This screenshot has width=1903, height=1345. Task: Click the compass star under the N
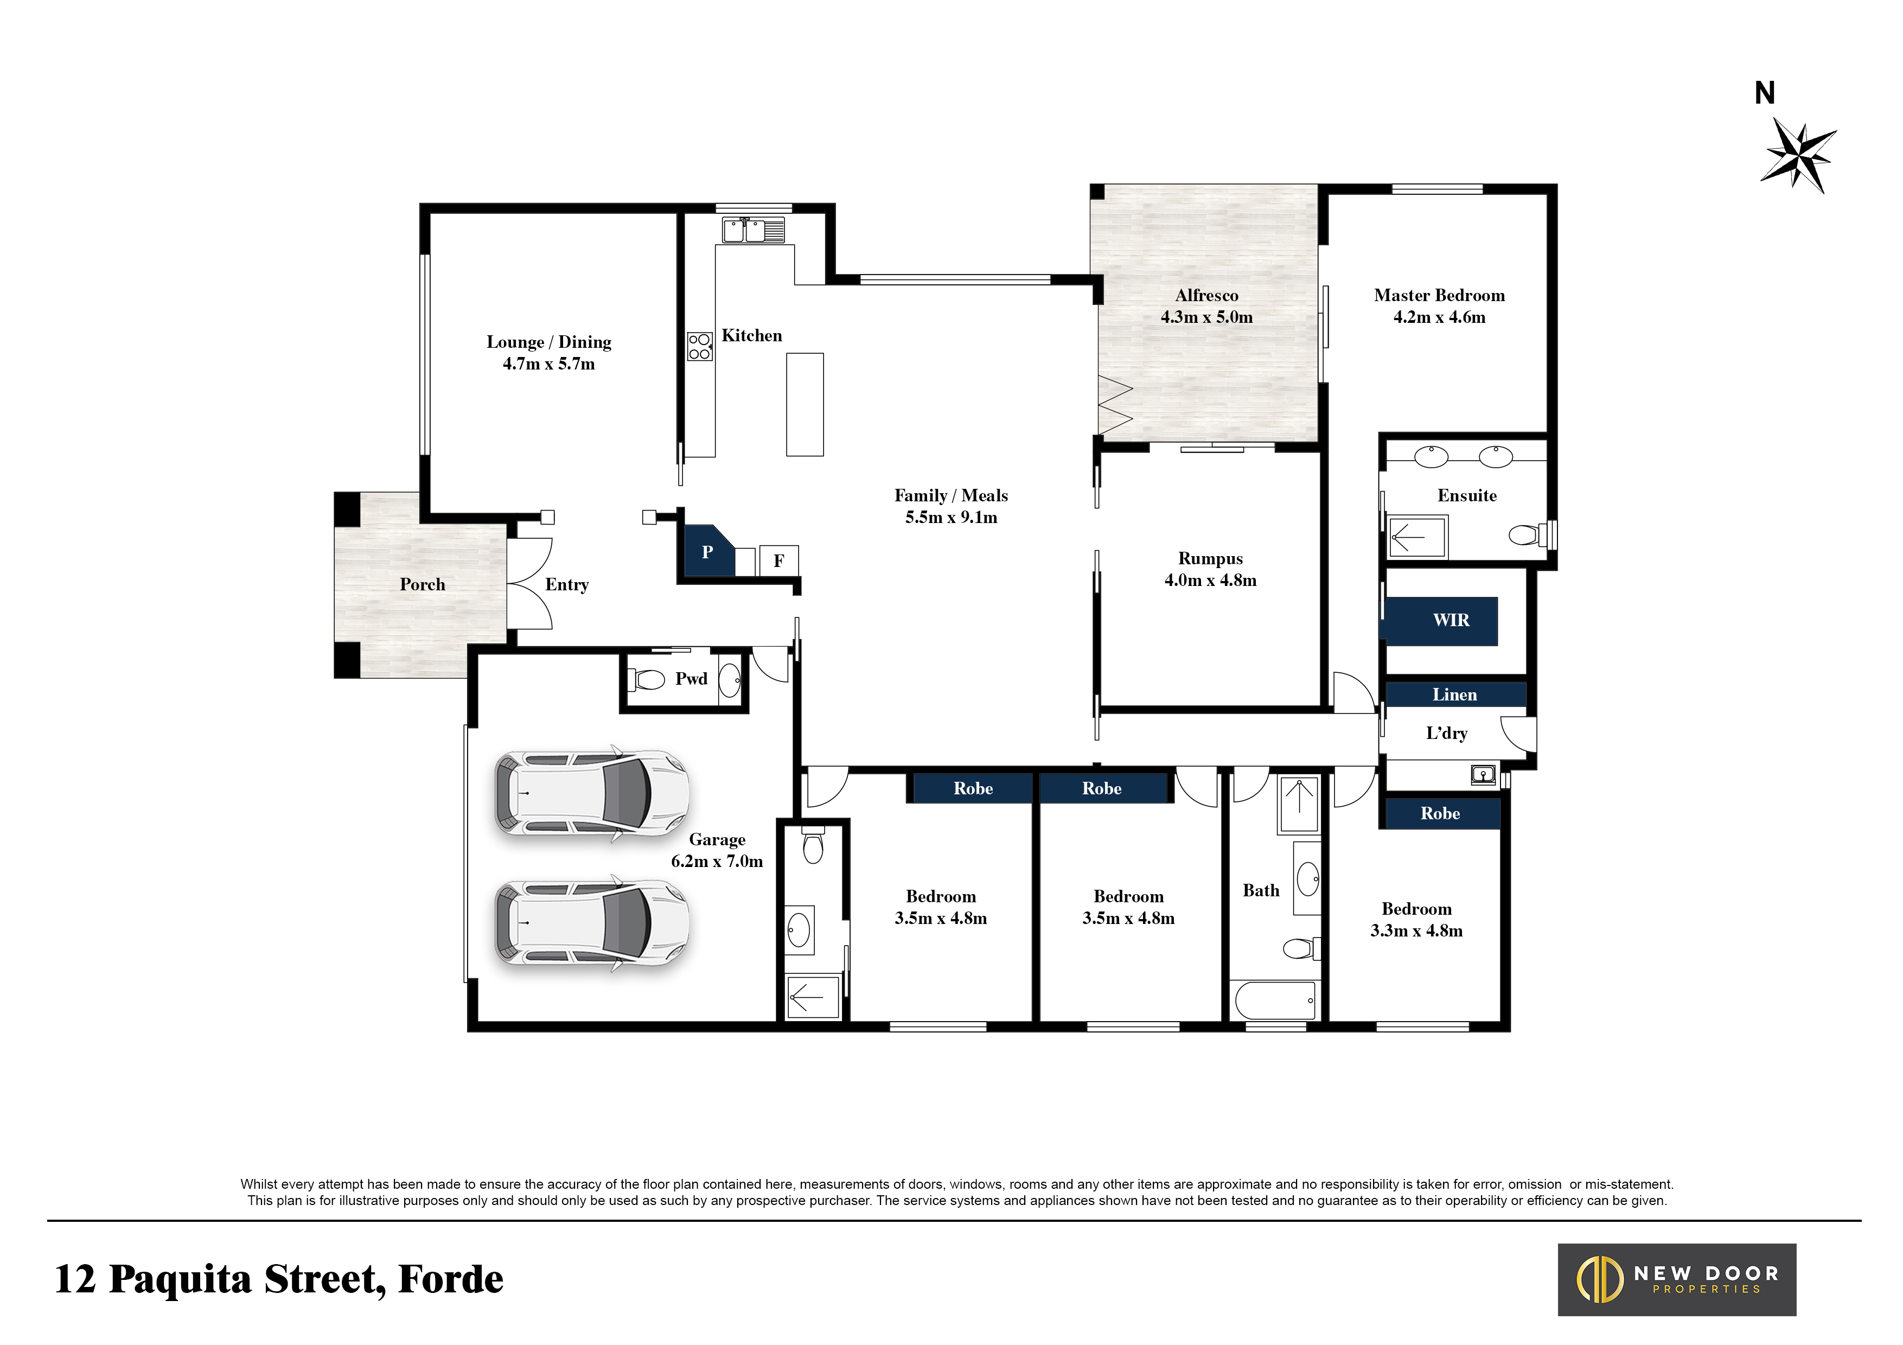point(1798,156)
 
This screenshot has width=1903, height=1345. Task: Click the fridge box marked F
point(779,561)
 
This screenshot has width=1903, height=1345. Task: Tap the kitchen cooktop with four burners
point(700,346)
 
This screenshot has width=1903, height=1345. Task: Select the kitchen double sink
point(752,230)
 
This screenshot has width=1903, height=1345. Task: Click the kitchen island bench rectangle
point(805,404)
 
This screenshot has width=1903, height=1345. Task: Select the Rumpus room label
point(1210,558)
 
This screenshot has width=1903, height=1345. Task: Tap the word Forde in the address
point(450,1279)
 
